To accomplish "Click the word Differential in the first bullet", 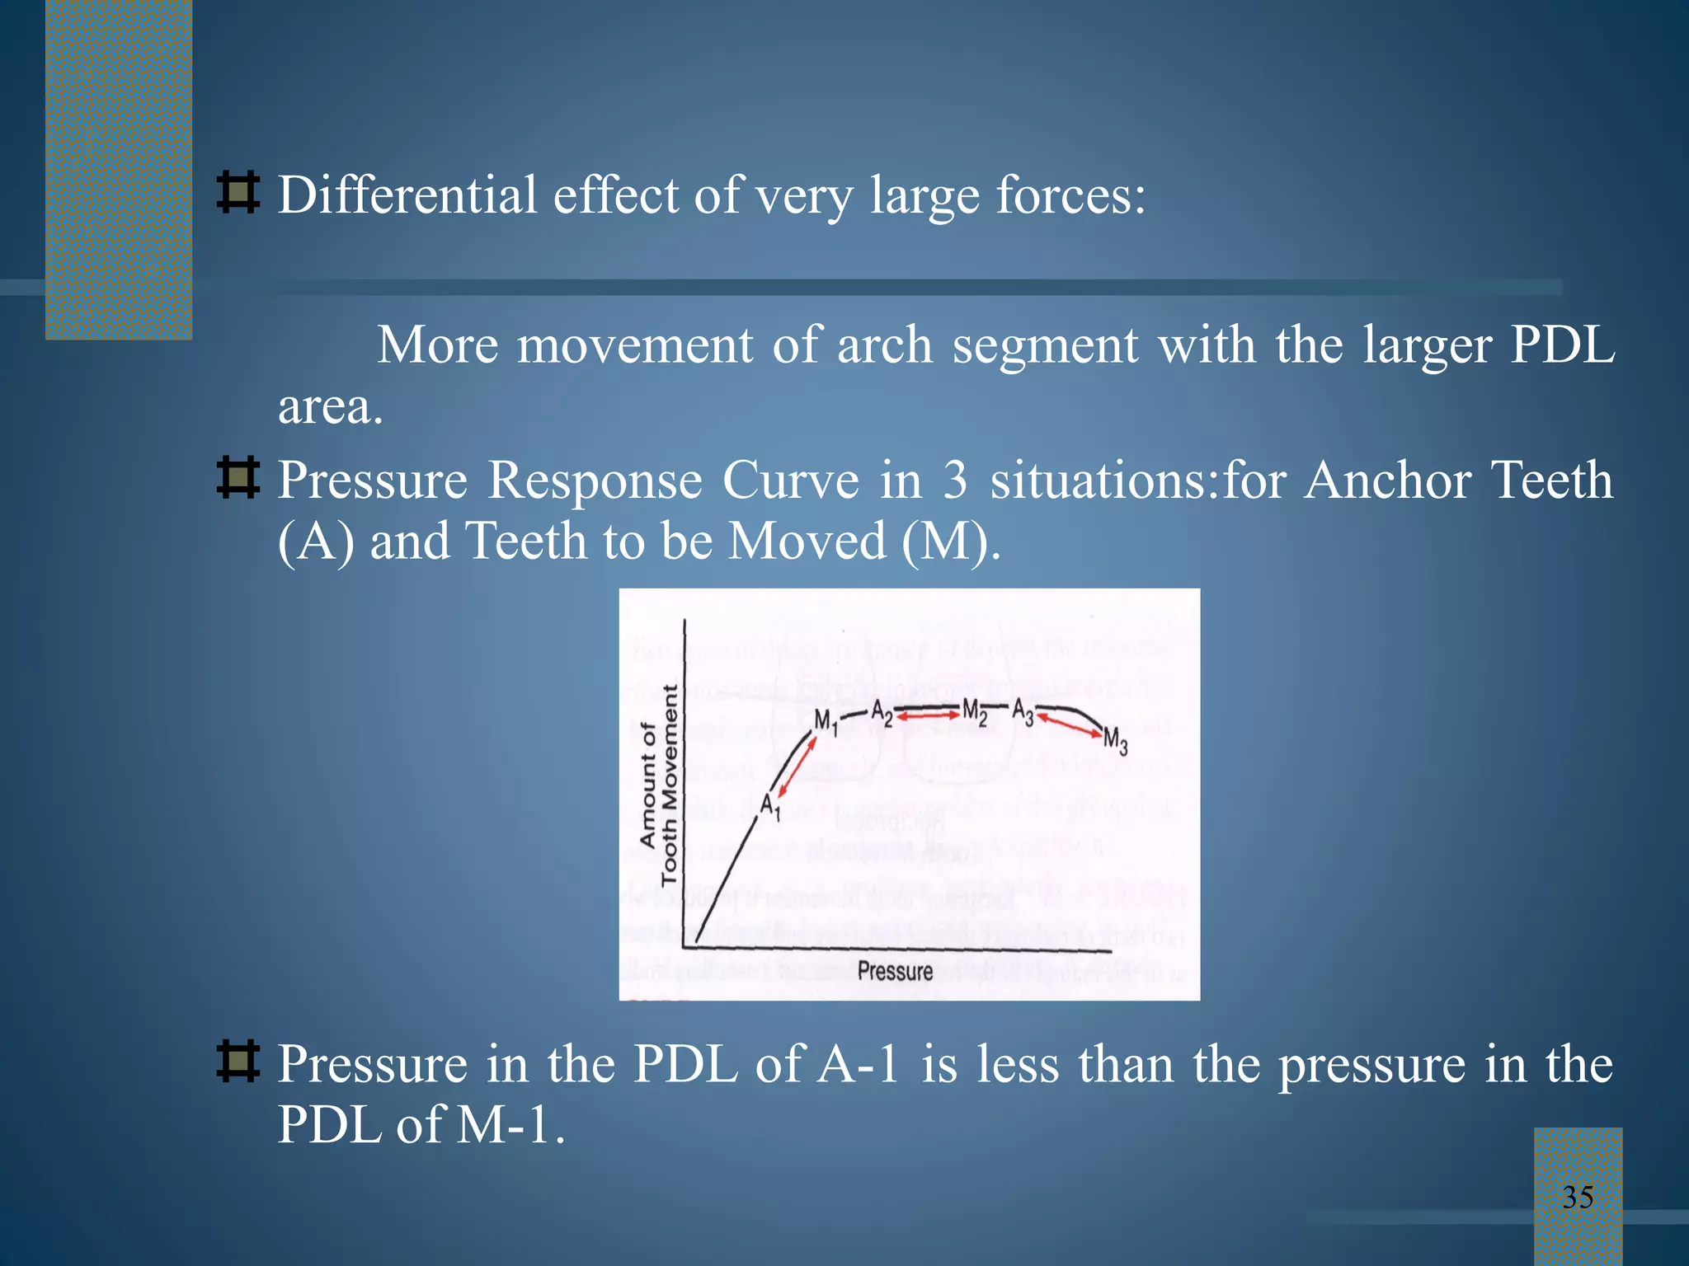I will tap(407, 195).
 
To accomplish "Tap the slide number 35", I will tap(1578, 1197).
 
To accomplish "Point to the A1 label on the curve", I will tap(769, 805).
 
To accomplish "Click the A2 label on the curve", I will tap(882, 712).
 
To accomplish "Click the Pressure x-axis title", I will tap(895, 971).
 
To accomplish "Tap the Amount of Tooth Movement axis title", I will tap(659, 785).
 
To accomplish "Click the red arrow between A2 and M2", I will tap(929, 717).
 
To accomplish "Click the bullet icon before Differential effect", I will tap(238, 193).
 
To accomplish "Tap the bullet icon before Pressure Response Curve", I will tap(238, 478).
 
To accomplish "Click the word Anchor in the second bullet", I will tap(1387, 480).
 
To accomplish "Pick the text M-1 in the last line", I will tap(503, 1124).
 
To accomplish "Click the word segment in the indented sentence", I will tap(1045, 345).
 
